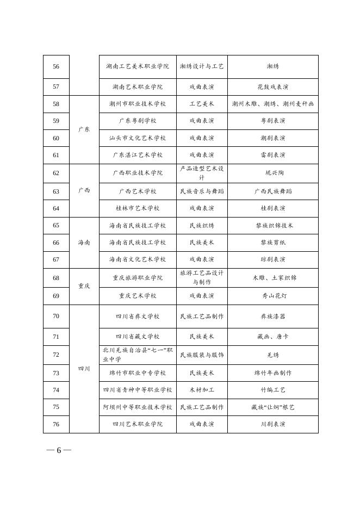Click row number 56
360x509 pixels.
(56, 66)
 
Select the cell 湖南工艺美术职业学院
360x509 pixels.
(138, 66)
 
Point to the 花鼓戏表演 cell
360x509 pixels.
(272, 86)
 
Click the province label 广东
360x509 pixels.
(84, 129)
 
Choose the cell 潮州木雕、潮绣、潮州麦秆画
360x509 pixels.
(272, 103)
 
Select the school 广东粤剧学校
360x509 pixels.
(138, 121)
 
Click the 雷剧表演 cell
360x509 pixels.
(272, 155)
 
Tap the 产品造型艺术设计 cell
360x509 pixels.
(202, 173)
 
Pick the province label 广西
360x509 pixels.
(84, 190)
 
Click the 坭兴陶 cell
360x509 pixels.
(272, 173)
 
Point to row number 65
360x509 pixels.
(56, 225)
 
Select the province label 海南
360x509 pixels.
(84, 243)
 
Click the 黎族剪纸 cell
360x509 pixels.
(272, 243)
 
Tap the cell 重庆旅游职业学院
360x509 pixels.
(138, 277)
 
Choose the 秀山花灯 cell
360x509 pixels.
(272, 296)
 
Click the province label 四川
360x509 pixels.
(84, 369)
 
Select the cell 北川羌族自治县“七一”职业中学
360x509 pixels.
(138, 355)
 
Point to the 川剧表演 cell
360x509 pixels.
(272, 424)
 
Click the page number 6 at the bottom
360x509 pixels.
(59, 450)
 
